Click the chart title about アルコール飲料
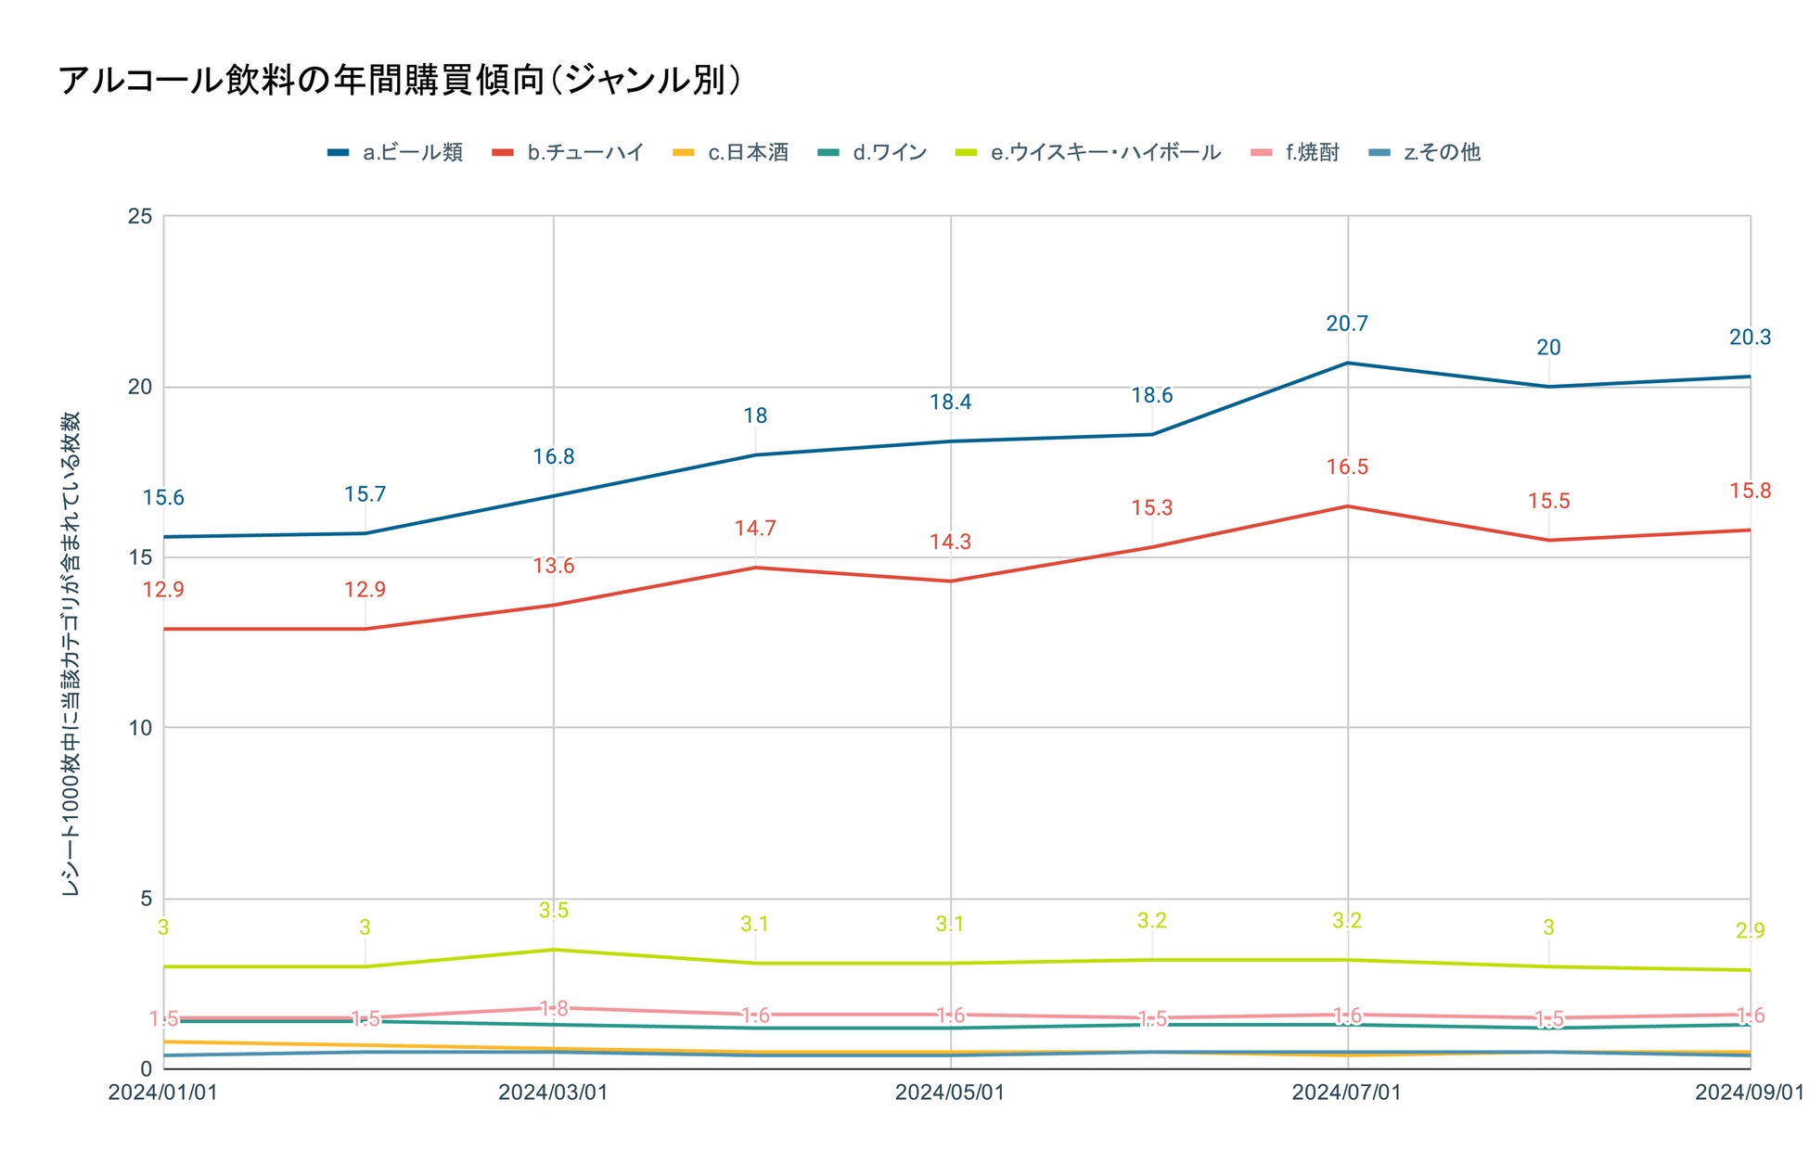click(400, 81)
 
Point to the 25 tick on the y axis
click(140, 216)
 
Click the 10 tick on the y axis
click(140, 728)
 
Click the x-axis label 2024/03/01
click(553, 1093)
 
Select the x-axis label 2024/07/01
click(1346, 1093)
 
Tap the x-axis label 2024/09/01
click(1749, 1093)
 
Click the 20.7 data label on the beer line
click(1347, 324)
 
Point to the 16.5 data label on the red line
click(1347, 467)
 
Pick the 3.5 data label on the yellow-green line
click(554, 911)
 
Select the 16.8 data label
click(554, 457)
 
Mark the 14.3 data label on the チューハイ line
click(950, 543)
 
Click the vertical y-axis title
click(71, 654)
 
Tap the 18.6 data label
click(1151, 396)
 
